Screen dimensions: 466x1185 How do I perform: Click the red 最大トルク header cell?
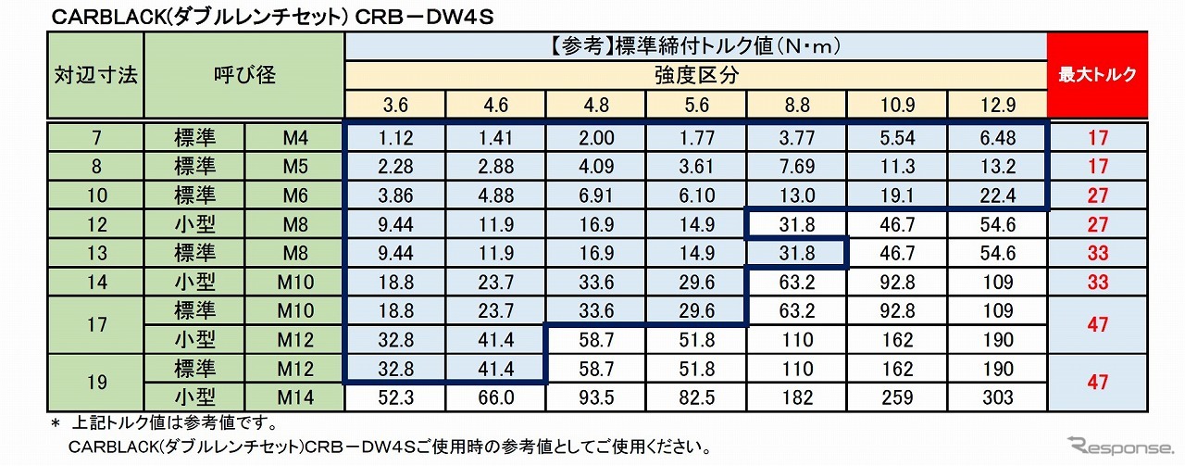pos(1097,75)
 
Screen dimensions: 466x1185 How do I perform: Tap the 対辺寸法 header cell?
pos(95,75)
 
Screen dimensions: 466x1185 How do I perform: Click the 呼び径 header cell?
pos(244,75)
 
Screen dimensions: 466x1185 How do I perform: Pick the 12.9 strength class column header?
pos(997,105)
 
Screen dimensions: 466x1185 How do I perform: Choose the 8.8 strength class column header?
pos(797,105)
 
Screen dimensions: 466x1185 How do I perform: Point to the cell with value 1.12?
pos(394,139)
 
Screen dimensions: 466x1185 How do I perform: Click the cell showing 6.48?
pos(997,139)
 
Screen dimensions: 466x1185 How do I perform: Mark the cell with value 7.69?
pos(797,167)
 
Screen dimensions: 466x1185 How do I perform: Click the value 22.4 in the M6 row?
pos(997,195)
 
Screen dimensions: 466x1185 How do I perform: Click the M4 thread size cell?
pos(294,139)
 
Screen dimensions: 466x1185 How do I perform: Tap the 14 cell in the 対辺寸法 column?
pos(95,282)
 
